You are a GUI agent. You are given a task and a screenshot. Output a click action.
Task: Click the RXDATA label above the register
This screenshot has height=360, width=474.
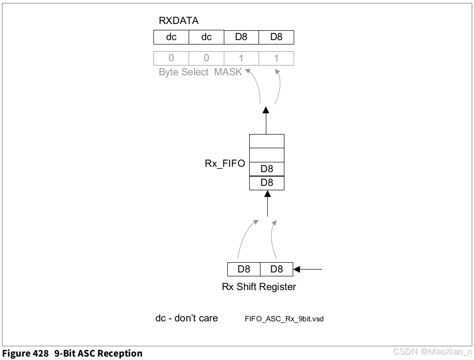(179, 21)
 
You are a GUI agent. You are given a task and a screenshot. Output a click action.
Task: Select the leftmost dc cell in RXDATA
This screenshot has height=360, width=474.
(171, 38)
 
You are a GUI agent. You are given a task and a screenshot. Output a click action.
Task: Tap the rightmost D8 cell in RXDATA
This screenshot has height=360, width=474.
(276, 38)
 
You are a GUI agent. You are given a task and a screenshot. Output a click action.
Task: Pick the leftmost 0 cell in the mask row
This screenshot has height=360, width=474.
(171, 58)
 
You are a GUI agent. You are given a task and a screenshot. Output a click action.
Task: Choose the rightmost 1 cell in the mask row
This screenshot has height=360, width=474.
(276, 58)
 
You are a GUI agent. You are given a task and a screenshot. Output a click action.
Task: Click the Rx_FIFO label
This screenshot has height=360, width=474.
(225, 164)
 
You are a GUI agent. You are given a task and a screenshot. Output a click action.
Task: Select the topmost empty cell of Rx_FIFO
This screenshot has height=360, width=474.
(266, 141)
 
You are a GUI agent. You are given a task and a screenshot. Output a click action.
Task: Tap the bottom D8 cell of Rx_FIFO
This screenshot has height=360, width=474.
(266, 183)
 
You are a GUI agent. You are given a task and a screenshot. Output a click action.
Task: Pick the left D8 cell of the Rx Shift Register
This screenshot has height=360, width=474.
(244, 269)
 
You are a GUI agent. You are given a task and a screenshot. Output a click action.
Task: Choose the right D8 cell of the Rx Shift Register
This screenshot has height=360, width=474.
(276, 269)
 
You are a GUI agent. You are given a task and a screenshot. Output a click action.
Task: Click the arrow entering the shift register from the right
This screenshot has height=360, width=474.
(308, 269)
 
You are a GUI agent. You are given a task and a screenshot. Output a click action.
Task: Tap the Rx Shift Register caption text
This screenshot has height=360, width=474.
(259, 287)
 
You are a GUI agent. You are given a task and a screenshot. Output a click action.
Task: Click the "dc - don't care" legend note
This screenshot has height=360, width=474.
(187, 318)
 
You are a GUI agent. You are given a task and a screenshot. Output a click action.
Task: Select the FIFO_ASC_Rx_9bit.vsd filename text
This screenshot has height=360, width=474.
(284, 319)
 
